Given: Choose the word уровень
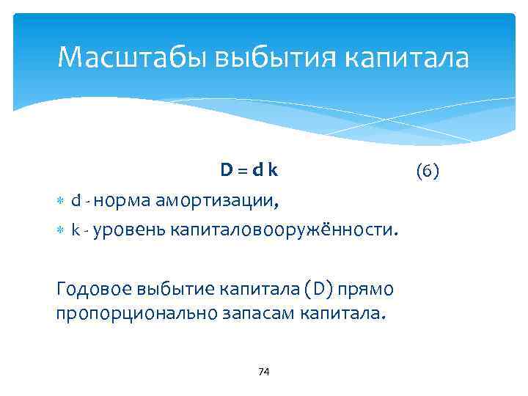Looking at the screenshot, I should coord(128,230).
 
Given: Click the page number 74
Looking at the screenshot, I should coord(264,372).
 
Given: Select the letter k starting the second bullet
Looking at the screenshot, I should coord(76,230).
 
